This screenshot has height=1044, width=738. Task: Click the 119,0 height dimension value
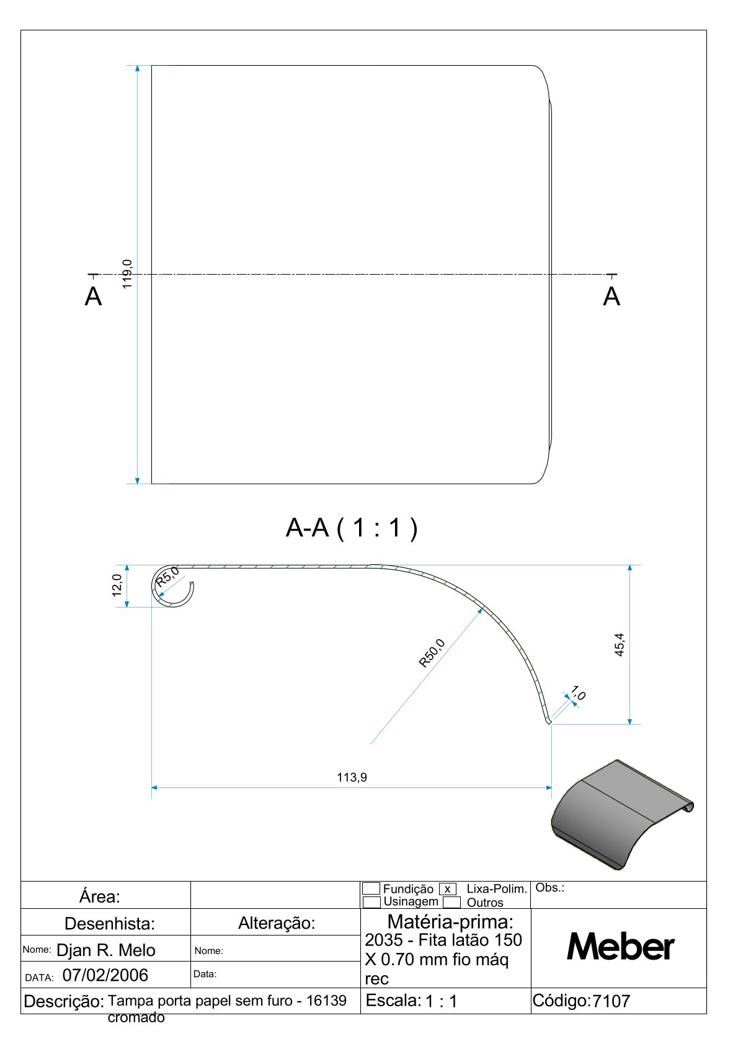click(127, 274)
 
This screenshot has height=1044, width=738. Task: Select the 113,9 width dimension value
click(352, 777)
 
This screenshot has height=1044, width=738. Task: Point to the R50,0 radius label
click(432, 653)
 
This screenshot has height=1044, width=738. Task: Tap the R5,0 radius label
click(167, 577)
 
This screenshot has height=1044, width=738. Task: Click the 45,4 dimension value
click(619, 645)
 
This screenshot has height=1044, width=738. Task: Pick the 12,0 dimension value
click(117, 585)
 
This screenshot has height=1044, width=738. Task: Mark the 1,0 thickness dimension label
click(578, 692)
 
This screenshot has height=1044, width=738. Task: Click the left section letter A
click(93, 296)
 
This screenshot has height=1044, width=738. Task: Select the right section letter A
click(611, 296)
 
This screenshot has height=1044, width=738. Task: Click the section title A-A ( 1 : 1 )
click(352, 528)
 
